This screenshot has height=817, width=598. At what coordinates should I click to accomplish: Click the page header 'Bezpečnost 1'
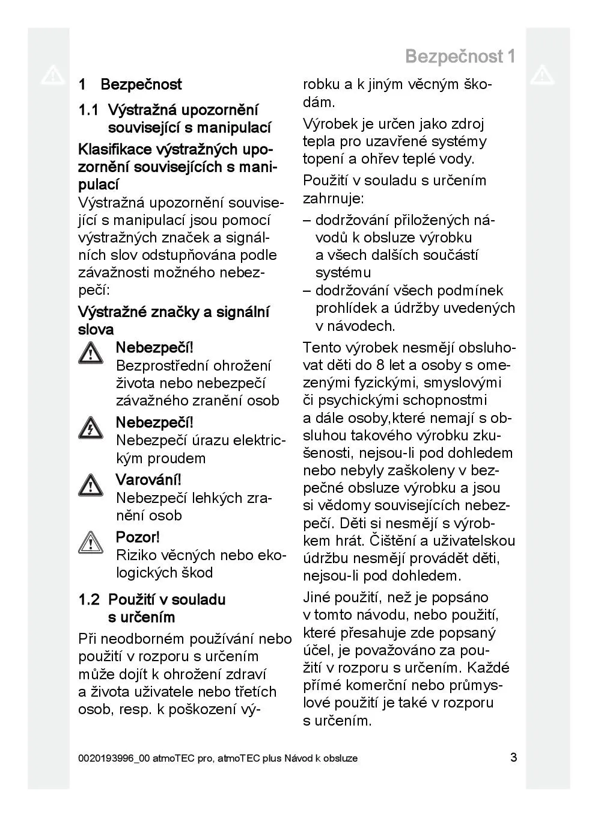click(460, 57)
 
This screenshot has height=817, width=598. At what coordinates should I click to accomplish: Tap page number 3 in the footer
click(513, 757)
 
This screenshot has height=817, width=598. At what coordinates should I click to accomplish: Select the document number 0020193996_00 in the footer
click(113, 759)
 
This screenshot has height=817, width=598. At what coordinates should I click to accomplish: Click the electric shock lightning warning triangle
click(90, 428)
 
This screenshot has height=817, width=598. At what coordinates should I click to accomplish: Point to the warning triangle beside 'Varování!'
click(90, 485)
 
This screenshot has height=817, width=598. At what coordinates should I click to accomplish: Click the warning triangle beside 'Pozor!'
click(90, 543)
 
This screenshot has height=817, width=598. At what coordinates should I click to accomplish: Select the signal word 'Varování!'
click(148, 480)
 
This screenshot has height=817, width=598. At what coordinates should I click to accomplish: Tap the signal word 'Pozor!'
click(138, 537)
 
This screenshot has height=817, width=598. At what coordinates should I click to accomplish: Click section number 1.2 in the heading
click(88, 600)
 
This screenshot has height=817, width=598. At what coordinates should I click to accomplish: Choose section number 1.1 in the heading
click(88, 111)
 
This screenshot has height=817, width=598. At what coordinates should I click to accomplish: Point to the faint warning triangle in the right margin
click(542, 75)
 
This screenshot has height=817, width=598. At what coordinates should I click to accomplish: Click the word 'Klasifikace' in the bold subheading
click(115, 149)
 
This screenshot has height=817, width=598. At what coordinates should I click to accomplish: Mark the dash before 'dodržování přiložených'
click(307, 220)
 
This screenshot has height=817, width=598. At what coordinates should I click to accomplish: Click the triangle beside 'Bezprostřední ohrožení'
click(90, 353)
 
